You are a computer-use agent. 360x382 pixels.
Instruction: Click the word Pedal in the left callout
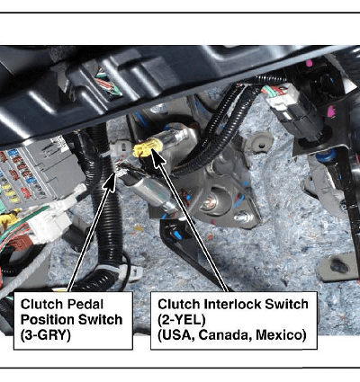click(x=85, y=305)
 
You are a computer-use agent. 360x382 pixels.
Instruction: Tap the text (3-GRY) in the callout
click(x=46, y=335)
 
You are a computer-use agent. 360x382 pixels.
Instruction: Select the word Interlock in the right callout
click(x=229, y=305)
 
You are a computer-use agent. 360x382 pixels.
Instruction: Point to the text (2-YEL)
click(x=182, y=320)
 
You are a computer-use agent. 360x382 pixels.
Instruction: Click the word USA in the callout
click(x=176, y=335)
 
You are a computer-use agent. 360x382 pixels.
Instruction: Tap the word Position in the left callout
click(x=43, y=320)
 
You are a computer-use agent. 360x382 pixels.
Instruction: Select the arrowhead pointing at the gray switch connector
click(x=111, y=182)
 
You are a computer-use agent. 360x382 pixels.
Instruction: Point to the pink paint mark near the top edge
click(x=309, y=63)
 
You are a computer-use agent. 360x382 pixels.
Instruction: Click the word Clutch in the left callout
click(x=42, y=305)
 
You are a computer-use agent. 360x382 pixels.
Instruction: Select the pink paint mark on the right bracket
click(x=330, y=111)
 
